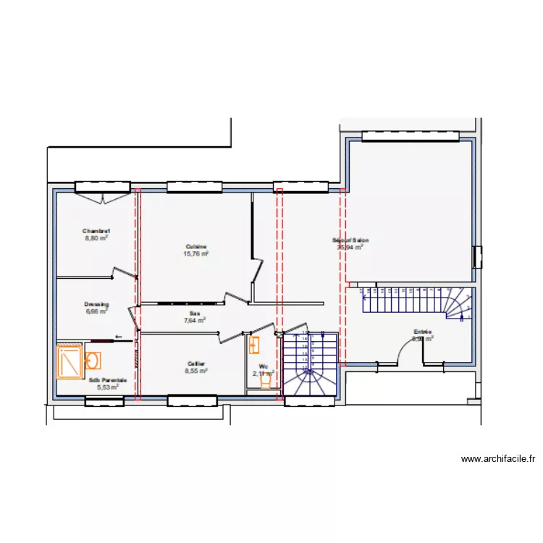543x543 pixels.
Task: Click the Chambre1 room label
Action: click(96, 231)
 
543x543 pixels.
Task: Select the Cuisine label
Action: click(196, 247)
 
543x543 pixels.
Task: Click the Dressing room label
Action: click(96, 305)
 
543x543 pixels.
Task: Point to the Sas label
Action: click(194, 314)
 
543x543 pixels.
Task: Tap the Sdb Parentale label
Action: click(108, 379)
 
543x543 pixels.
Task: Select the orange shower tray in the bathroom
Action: click(70, 362)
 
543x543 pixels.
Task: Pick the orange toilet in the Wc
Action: click(266, 380)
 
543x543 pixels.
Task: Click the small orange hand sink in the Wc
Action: click(254, 346)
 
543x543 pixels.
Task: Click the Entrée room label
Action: click(423, 332)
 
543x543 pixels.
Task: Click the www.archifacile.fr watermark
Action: click(498, 459)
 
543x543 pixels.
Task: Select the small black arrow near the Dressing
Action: click(118, 337)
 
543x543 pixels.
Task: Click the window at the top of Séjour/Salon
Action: click(411, 136)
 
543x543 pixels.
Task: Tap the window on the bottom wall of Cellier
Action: click(192, 400)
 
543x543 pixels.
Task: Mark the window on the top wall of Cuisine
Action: click(193, 187)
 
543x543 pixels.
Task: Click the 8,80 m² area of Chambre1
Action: click(96, 237)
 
